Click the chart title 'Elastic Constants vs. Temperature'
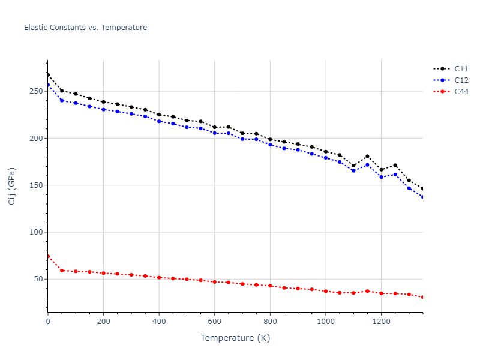tap(85, 28)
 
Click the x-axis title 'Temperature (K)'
tap(235, 338)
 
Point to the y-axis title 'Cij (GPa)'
tap(12, 186)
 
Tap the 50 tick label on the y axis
tap(38, 279)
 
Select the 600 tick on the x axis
tap(214, 322)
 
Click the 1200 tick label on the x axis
tap(381, 322)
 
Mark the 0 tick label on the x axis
tap(48, 322)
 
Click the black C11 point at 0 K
tap(48, 75)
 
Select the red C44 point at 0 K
tap(48, 256)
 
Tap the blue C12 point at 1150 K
tap(367, 164)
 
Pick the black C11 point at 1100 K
tap(353, 166)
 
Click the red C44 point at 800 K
tap(270, 286)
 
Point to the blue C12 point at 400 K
tap(159, 121)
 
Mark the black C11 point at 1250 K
tap(395, 166)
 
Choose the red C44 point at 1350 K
tap(422, 297)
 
